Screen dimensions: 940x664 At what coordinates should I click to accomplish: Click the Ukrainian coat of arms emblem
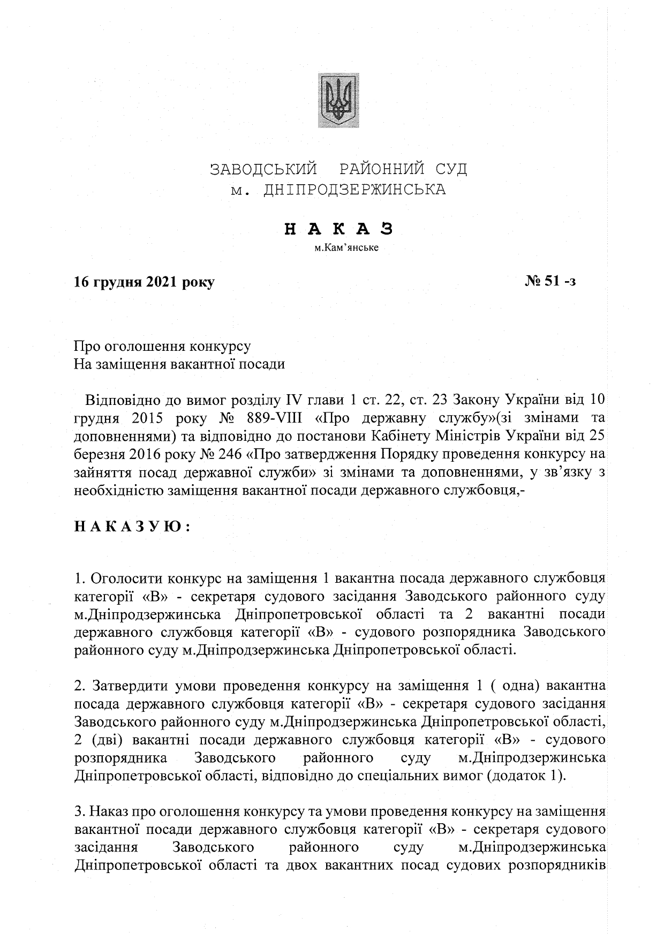pyautogui.click(x=338, y=101)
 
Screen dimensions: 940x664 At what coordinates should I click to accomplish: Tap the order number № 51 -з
pyautogui.click(x=550, y=282)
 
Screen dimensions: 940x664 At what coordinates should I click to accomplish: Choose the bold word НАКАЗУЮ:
pyautogui.click(x=132, y=527)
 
